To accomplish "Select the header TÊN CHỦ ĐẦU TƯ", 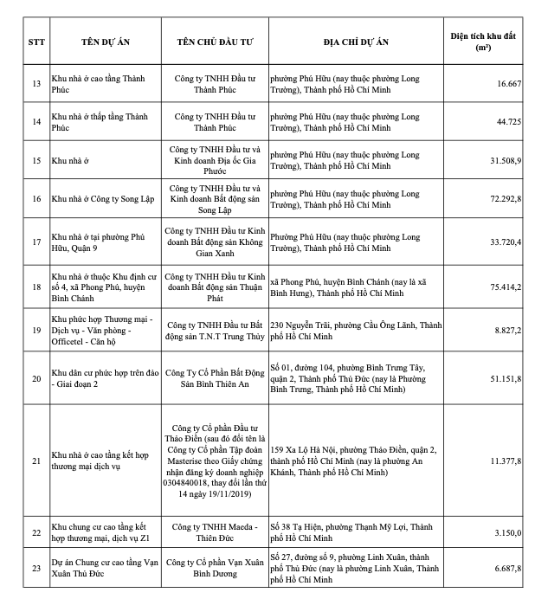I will point(216,43).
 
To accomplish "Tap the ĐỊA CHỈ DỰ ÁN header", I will point(357,43).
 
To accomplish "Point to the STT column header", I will point(35,43).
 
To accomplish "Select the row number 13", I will point(35,84).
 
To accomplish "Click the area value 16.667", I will point(508,84).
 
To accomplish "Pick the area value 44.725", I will point(508,122).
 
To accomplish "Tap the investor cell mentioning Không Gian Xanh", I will point(216,242).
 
